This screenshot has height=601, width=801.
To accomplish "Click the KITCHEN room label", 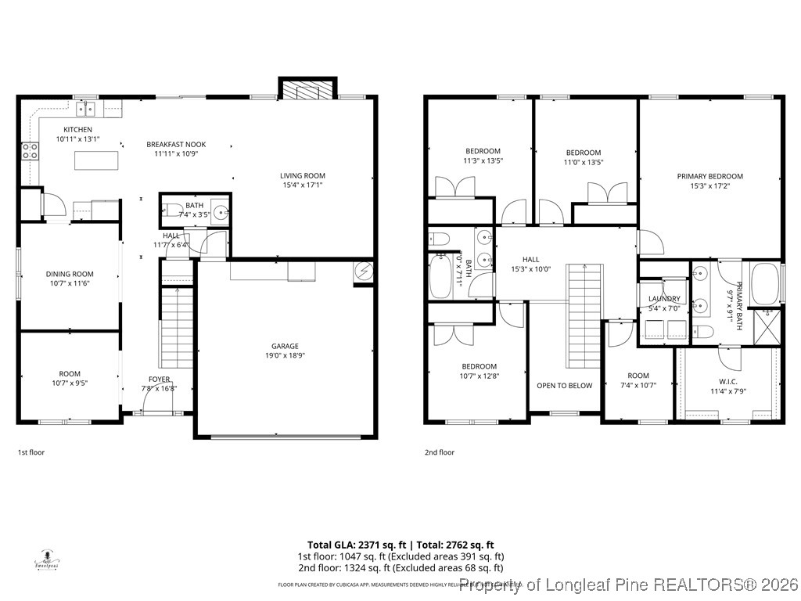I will [x=77, y=129].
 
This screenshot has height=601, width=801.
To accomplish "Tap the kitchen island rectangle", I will [x=97, y=160].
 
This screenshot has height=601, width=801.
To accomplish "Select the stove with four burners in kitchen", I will [x=30, y=150].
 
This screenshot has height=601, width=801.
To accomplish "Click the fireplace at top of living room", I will [x=308, y=90].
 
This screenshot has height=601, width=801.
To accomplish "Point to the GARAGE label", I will [x=285, y=346].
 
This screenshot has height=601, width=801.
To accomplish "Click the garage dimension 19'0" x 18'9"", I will [x=285, y=356].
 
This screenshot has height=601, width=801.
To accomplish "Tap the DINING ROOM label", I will [x=70, y=274].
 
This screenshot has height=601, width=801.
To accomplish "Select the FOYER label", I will [x=159, y=379].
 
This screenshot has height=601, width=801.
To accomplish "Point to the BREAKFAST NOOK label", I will [x=176, y=144].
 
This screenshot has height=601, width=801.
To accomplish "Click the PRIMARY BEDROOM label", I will [x=709, y=176].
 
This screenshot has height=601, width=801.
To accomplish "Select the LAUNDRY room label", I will [x=663, y=299].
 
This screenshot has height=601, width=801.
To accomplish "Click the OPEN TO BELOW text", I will [x=564, y=385].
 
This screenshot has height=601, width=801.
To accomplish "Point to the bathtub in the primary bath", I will [x=765, y=283].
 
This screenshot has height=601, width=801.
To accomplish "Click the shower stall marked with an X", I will [x=767, y=327].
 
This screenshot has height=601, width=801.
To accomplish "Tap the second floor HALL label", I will [x=531, y=259].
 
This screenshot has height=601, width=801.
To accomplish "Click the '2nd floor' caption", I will [x=439, y=452].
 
